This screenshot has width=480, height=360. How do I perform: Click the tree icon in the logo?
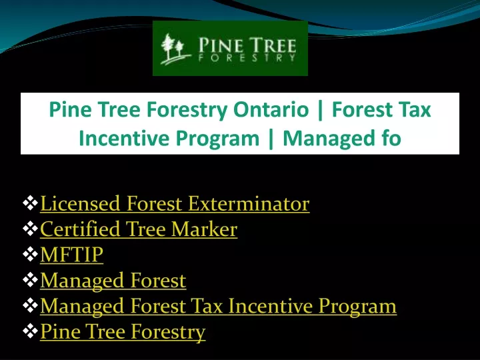(x=175, y=49)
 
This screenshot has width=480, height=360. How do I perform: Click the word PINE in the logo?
(x=217, y=45)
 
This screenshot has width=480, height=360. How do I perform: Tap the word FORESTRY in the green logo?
(x=247, y=58)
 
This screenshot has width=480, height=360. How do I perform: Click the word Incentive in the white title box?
(x=123, y=138)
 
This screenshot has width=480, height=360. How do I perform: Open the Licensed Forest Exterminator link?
(x=175, y=203)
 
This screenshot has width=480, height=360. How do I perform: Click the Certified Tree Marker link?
(x=139, y=229)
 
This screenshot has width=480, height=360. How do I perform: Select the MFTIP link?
(x=71, y=255)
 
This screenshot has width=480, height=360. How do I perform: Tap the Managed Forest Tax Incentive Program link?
(x=218, y=306)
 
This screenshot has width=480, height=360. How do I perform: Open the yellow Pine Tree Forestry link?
(x=123, y=331)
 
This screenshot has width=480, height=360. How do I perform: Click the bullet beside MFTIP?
(x=30, y=255)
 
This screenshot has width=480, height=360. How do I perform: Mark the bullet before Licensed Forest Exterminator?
(x=30, y=203)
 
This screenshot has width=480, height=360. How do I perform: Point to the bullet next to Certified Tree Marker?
(x=30, y=229)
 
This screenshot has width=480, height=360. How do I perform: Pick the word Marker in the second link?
(x=204, y=229)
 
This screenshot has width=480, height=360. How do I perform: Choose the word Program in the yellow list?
(x=357, y=306)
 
